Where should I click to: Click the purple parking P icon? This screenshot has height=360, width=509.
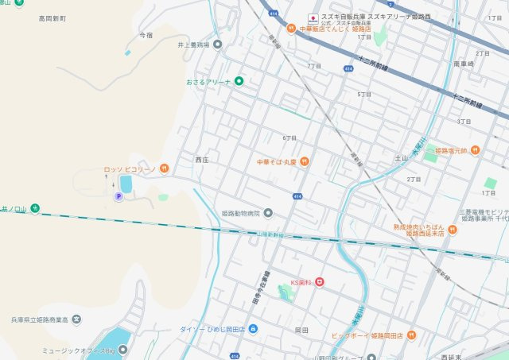click(x=119, y=196)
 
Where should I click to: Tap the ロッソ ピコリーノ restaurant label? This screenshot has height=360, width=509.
click(x=130, y=168)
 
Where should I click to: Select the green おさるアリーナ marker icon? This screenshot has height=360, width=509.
click(x=238, y=81)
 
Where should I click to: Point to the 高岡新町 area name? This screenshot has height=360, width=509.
click(x=53, y=17)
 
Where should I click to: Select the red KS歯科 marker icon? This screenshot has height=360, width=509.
click(x=319, y=282)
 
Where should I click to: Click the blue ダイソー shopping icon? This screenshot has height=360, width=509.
click(x=253, y=328)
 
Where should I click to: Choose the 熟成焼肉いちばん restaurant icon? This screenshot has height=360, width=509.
click(x=453, y=230)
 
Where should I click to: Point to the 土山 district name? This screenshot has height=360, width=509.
click(x=401, y=158)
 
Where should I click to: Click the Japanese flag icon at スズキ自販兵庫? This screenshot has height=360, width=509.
click(x=313, y=17)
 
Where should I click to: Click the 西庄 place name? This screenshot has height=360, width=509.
click(x=202, y=160)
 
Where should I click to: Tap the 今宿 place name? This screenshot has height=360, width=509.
click(x=146, y=35)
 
